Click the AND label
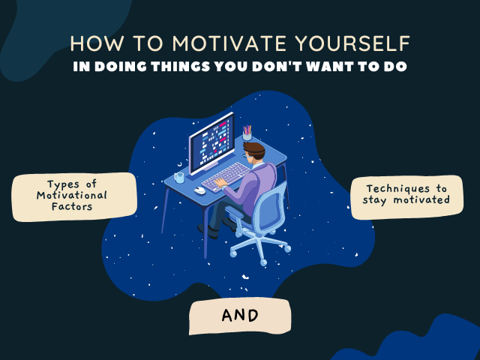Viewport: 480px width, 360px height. point(239,316)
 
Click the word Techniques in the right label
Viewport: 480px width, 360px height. point(397,188)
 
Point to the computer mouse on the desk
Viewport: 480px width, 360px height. point(199,190)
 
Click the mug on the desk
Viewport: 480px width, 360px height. point(178,178)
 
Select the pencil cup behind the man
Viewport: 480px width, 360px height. point(247,134)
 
